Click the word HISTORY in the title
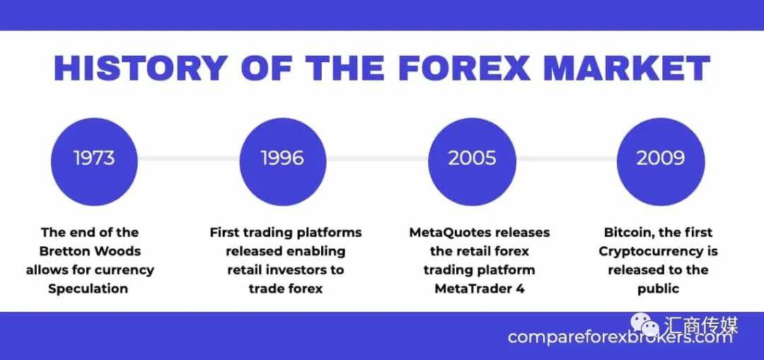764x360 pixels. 141,68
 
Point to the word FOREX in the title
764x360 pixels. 463,68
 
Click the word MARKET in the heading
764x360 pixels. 627,68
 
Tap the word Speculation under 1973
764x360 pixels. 88,289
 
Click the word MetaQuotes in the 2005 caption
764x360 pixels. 448,233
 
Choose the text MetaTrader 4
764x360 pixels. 480,289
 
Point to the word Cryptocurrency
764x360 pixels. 647,252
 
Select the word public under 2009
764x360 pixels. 659,289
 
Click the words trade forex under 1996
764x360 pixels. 286,289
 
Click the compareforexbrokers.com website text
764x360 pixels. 620,337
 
